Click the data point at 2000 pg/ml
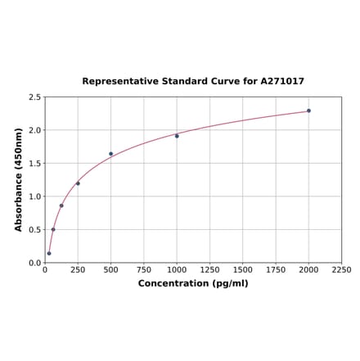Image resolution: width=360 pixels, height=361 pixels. (x=308, y=111)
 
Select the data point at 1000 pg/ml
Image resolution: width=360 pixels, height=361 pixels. (x=177, y=136)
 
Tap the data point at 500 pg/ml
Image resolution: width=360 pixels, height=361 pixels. (x=111, y=154)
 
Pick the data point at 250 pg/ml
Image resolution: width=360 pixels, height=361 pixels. (x=78, y=183)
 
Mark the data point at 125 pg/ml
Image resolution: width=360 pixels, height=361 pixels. (x=61, y=205)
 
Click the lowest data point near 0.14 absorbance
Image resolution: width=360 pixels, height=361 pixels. (x=49, y=253)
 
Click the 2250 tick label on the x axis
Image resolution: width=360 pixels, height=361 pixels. (x=341, y=270)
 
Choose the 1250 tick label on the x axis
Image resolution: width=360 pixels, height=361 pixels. (x=209, y=270)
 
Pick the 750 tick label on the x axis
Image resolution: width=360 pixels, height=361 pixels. (x=144, y=270)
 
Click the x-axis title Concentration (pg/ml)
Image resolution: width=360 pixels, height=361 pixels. (x=193, y=284)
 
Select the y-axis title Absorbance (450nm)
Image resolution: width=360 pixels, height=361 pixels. (x=18, y=179)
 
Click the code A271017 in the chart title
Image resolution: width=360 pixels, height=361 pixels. (x=282, y=82)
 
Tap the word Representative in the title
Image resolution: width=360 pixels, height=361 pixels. (x=117, y=82)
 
